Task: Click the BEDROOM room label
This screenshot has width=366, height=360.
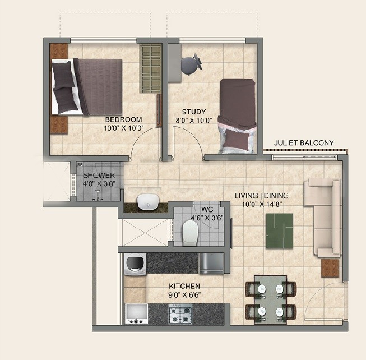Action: [123, 119]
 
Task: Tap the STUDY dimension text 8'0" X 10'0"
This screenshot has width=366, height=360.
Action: [194, 121]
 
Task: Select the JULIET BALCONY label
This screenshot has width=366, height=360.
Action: [304, 142]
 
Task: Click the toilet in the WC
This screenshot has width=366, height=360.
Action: [190, 233]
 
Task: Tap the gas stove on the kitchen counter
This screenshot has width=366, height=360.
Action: [180, 314]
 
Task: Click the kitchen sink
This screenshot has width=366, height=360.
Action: [137, 314]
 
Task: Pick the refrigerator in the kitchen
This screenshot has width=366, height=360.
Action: [211, 263]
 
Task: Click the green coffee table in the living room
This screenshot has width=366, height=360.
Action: [280, 230]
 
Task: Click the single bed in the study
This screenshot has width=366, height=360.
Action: [237, 116]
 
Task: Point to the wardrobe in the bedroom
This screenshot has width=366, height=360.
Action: [151, 68]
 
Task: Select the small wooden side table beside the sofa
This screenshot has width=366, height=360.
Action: [330, 268]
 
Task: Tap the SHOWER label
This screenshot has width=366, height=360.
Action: [99, 175]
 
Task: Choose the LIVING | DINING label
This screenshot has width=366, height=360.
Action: [261, 195]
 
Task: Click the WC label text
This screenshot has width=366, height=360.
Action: [207, 209]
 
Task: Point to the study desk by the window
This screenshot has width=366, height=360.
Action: [175, 63]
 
